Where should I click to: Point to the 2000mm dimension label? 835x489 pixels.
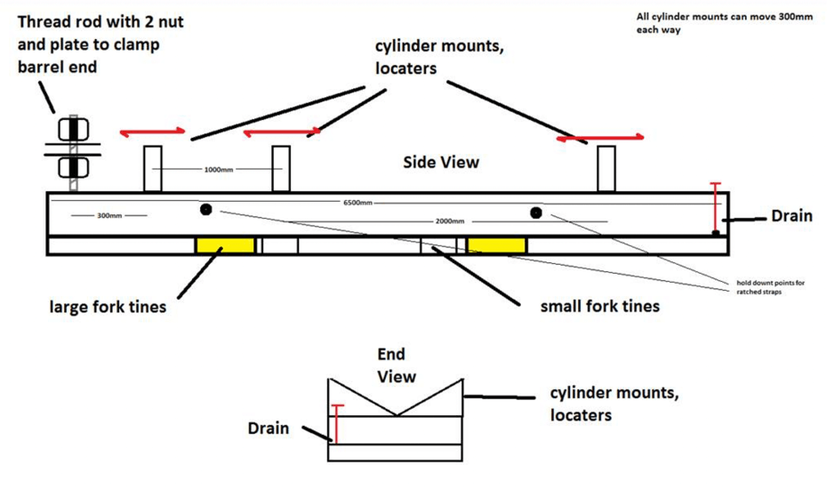(450, 220)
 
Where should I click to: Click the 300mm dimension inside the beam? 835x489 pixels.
(109, 215)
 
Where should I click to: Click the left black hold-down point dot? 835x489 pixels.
(206, 210)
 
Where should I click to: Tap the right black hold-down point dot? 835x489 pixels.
(535, 212)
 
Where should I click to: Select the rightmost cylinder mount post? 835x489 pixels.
(606, 169)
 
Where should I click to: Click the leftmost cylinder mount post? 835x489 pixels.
(152, 169)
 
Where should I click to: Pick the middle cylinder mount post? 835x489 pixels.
(281, 169)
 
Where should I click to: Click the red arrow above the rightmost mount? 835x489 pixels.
(601, 138)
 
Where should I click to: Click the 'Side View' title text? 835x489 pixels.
(441, 162)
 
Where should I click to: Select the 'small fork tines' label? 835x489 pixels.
(600, 307)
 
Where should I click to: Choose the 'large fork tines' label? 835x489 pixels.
(107, 309)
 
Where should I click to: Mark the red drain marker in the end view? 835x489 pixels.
(337, 423)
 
